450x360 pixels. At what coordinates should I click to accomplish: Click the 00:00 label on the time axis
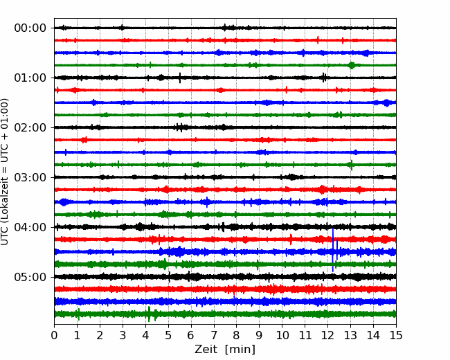(30, 28)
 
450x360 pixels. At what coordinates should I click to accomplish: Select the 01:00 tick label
(30, 78)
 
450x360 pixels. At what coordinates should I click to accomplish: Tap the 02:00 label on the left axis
(30, 127)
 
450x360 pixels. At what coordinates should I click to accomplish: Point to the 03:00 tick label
(30, 177)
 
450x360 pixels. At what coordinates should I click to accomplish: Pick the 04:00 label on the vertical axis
(30, 227)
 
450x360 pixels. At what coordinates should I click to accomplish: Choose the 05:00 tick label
(30, 277)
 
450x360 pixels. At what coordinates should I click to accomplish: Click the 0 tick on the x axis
(54, 335)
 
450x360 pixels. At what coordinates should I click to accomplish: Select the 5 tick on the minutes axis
(168, 335)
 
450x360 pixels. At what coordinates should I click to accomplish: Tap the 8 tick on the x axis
(237, 335)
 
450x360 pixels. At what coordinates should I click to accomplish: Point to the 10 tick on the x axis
(282, 335)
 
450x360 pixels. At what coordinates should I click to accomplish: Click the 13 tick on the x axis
(350, 335)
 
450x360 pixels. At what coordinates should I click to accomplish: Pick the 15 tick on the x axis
(396, 335)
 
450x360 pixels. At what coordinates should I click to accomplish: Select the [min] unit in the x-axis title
(240, 350)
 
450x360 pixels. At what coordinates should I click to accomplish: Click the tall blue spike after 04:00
(332, 250)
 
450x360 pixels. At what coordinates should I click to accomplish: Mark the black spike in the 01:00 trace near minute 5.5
(180, 78)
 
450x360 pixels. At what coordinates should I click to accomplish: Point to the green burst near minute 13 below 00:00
(352, 65)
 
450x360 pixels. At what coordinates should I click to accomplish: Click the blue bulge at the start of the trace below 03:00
(64, 202)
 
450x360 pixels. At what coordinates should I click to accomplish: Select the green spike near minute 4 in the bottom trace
(149, 314)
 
